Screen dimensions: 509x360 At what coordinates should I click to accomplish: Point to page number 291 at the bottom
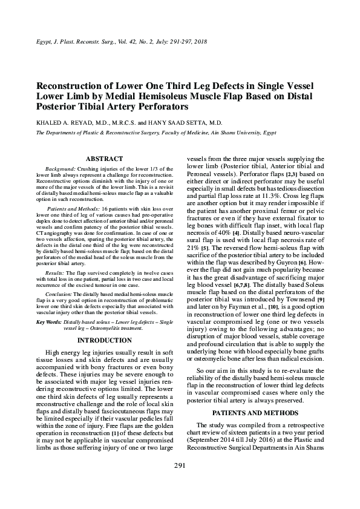[x=180, y=482]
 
